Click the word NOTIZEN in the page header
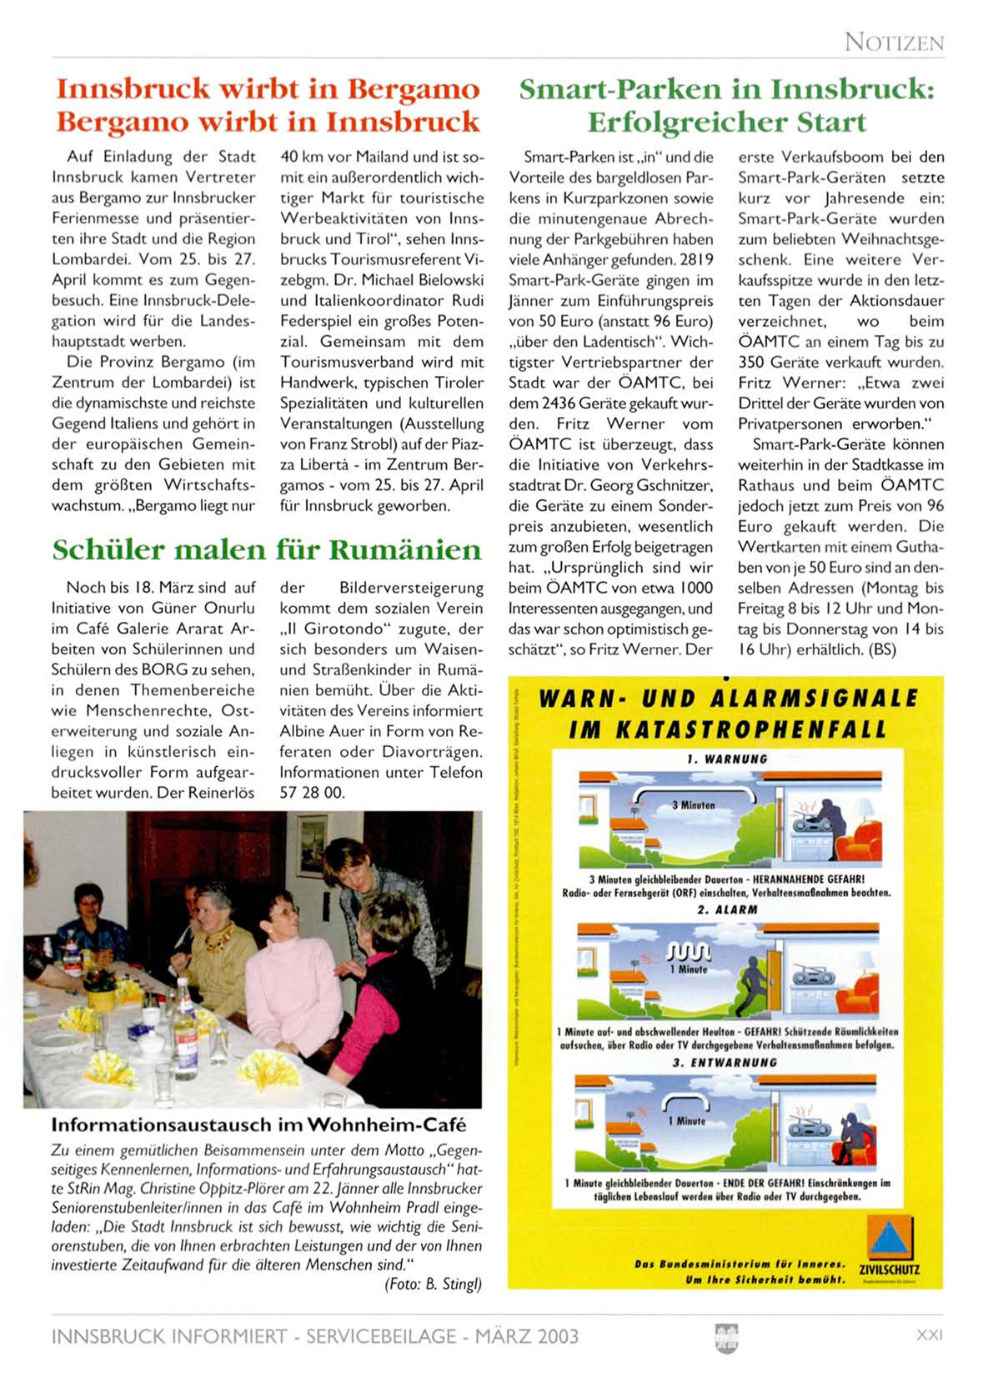893,42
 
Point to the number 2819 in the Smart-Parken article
696,259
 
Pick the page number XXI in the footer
929,1334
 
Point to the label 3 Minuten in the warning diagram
693,805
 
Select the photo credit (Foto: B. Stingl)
433,1284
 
